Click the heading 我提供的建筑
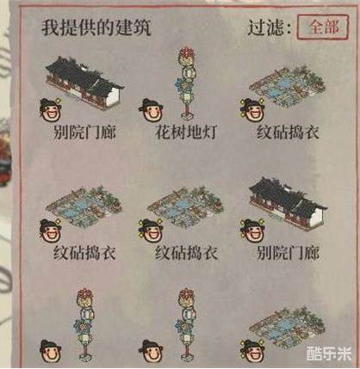click(x=96, y=28)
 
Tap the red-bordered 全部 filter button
click(x=323, y=27)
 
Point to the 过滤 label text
click(x=270, y=28)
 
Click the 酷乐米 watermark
click(x=329, y=354)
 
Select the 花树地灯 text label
click(x=186, y=132)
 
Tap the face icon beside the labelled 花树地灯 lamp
click(x=151, y=109)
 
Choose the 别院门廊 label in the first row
click(x=84, y=132)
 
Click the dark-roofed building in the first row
click(x=84, y=83)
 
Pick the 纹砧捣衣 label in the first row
click(x=288, y=132)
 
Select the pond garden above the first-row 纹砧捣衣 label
click(x=287, y=87)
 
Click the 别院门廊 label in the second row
click(x=288, y=253)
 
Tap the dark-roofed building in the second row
click(x=288, y=204)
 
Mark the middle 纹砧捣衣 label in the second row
click(x=186, y=253)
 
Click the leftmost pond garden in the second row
click(x=84, y=206)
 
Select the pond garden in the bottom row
click(x=287, y=328)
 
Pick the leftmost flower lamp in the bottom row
click(x=85, y=324)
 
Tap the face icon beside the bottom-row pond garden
click(x=252, y=351)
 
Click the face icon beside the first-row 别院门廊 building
click(x=50, y=109)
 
